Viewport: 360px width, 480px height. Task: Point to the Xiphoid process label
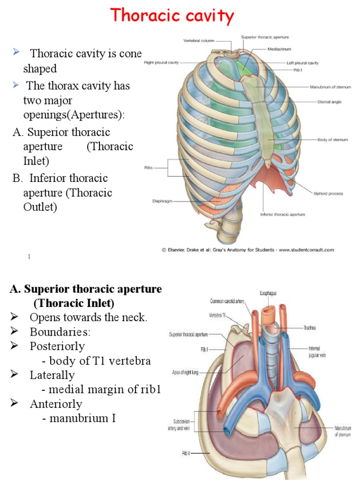(328, 193)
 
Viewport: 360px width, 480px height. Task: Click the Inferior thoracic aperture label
(283, 214)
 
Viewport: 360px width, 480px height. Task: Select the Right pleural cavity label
(161, 62)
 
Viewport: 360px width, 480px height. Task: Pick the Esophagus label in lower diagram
(268, 293)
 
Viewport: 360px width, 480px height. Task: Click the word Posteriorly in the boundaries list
(57, 346)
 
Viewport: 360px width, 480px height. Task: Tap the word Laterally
(52, 375)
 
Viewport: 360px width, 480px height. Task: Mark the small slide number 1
(29, 256)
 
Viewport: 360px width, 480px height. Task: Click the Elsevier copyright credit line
(248, 250)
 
